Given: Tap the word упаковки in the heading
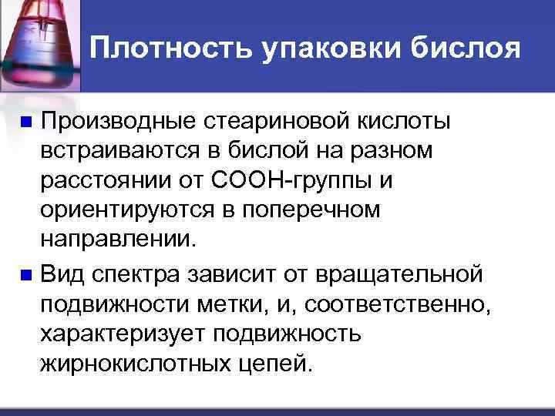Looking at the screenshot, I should point(325,50).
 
